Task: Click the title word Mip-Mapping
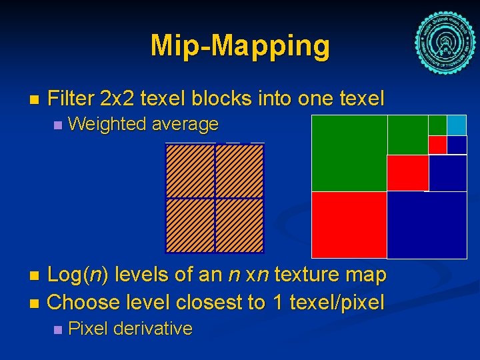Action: [240, 46]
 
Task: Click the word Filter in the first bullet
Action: [71, 99]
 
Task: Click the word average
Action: [185, 124]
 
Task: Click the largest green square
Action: [349, 153]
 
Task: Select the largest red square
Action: [349, 225]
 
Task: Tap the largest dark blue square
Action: [427, 225]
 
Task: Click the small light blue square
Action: [457, 125]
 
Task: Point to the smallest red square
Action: [437, 145]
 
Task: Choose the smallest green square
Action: [437, 125]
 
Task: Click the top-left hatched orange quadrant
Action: [190, 171]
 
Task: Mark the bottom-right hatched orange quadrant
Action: [239, 225]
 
